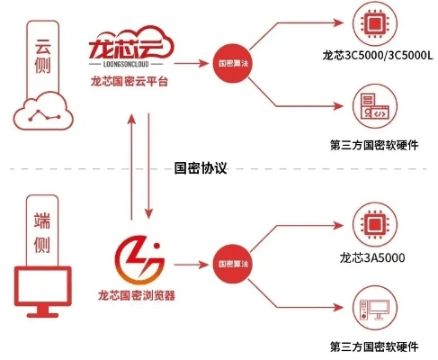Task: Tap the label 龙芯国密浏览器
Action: click(x=136, y=294)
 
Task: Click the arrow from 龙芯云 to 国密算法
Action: click(x=189, y=64)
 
